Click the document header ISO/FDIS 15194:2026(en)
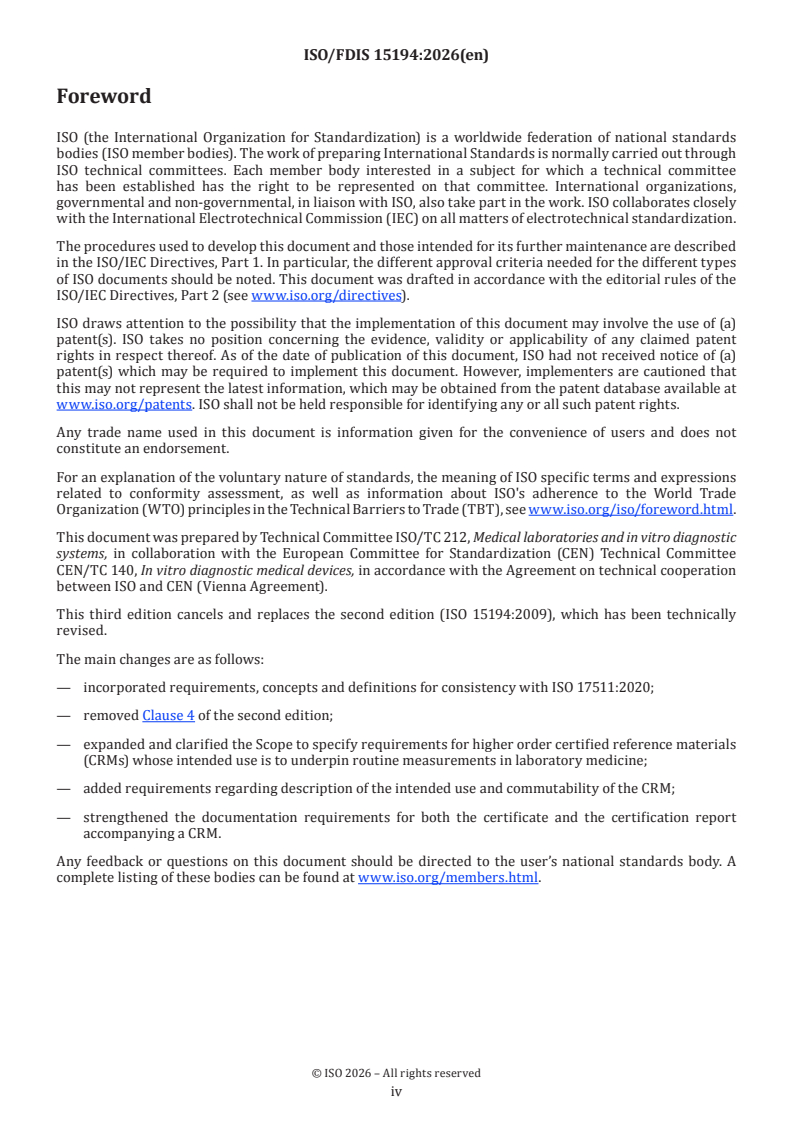pos(396,56)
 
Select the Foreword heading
pos(104,97)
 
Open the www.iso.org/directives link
pos(326,295)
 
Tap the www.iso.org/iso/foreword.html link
pos(623,508)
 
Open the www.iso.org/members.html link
pos(448,878)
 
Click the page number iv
pos(396,1091)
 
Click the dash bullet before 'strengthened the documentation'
pos(64,817)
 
